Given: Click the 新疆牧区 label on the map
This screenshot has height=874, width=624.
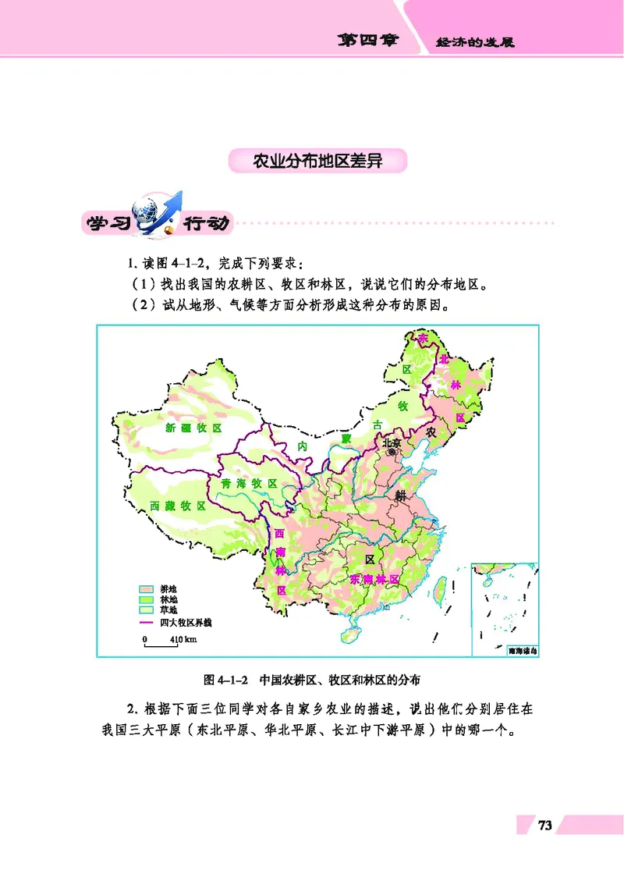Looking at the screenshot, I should click(193, 428).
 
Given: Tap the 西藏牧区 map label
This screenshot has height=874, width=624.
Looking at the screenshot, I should click(173, 506).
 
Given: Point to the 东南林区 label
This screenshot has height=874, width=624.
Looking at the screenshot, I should click(374, 580).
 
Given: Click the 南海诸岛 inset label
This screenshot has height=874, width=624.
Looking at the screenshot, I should click(522, 649).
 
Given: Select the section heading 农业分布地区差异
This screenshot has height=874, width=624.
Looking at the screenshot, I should click(318, 162).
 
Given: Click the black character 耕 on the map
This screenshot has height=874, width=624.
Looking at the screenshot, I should click(400, 496).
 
